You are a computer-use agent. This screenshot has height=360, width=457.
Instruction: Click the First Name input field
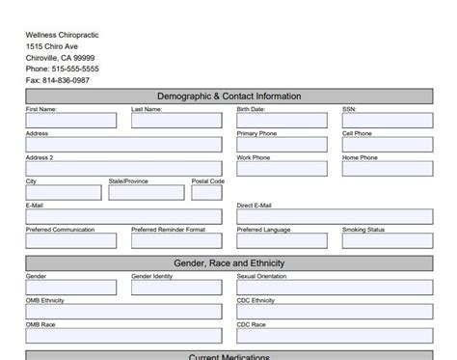pos(70,121)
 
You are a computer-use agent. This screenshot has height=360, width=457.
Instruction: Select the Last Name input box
pos(176,121)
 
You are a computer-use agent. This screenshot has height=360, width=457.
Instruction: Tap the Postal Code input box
pos(206,193)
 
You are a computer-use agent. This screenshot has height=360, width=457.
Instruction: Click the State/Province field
pos(145,193)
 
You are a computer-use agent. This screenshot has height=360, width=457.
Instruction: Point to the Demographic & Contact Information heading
pos(229,97)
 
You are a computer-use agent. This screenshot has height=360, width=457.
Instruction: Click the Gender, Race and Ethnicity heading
pos(229,263)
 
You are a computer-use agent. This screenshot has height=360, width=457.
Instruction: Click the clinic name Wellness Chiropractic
pos(63,35)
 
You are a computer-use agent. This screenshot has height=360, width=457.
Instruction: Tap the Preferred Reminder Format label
pos(169,230)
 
